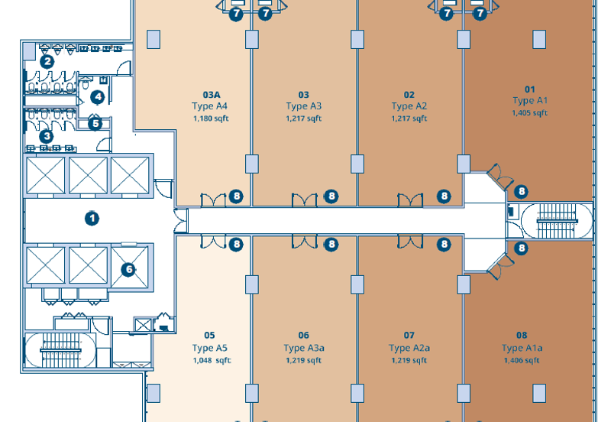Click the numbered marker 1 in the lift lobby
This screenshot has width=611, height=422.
click(92, 219)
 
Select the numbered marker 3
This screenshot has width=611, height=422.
click(47, 136)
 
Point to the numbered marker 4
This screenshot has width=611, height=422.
click(97, 97)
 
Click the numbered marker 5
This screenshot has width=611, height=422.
click(95, 123)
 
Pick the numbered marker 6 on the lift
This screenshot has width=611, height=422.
click(128, 269)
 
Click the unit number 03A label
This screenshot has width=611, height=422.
click(212, 95)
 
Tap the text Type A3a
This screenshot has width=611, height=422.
click(304, 348)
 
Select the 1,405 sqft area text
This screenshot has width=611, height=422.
click(529, 113)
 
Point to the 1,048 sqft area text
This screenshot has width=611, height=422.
click(212, 361)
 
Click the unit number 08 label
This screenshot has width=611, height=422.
click(522, 335)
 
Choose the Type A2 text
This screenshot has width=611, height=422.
click(409, 106)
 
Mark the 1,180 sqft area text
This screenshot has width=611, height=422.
click(212, 118)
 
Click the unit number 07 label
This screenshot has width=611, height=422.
click(409, 335)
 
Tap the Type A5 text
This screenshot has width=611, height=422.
click(210, 348)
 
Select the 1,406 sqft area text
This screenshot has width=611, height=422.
click(522, 361)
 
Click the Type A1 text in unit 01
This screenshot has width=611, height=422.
click(530, 101)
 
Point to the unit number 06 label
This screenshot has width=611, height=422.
click(304, 335)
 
